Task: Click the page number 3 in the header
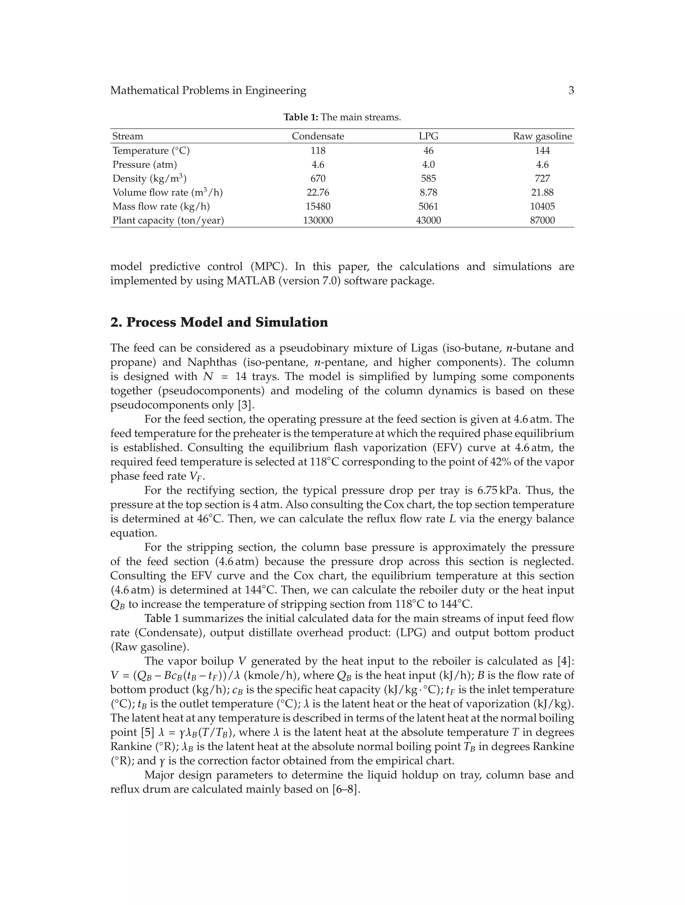pos(571,90)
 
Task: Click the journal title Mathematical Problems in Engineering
pos(208,90)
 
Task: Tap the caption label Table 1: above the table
pos(300,118)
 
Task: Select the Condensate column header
pos(317,136)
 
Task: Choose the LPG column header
pos(428,136)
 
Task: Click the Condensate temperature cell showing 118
pos(317,151)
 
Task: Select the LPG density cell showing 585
pos(428,178)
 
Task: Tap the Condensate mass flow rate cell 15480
pos(317,206)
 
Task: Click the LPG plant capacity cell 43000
pos(428,221)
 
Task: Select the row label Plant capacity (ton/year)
pos(168,221)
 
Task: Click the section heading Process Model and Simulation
pos(227,322)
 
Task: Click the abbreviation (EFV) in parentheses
pos(444,448)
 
